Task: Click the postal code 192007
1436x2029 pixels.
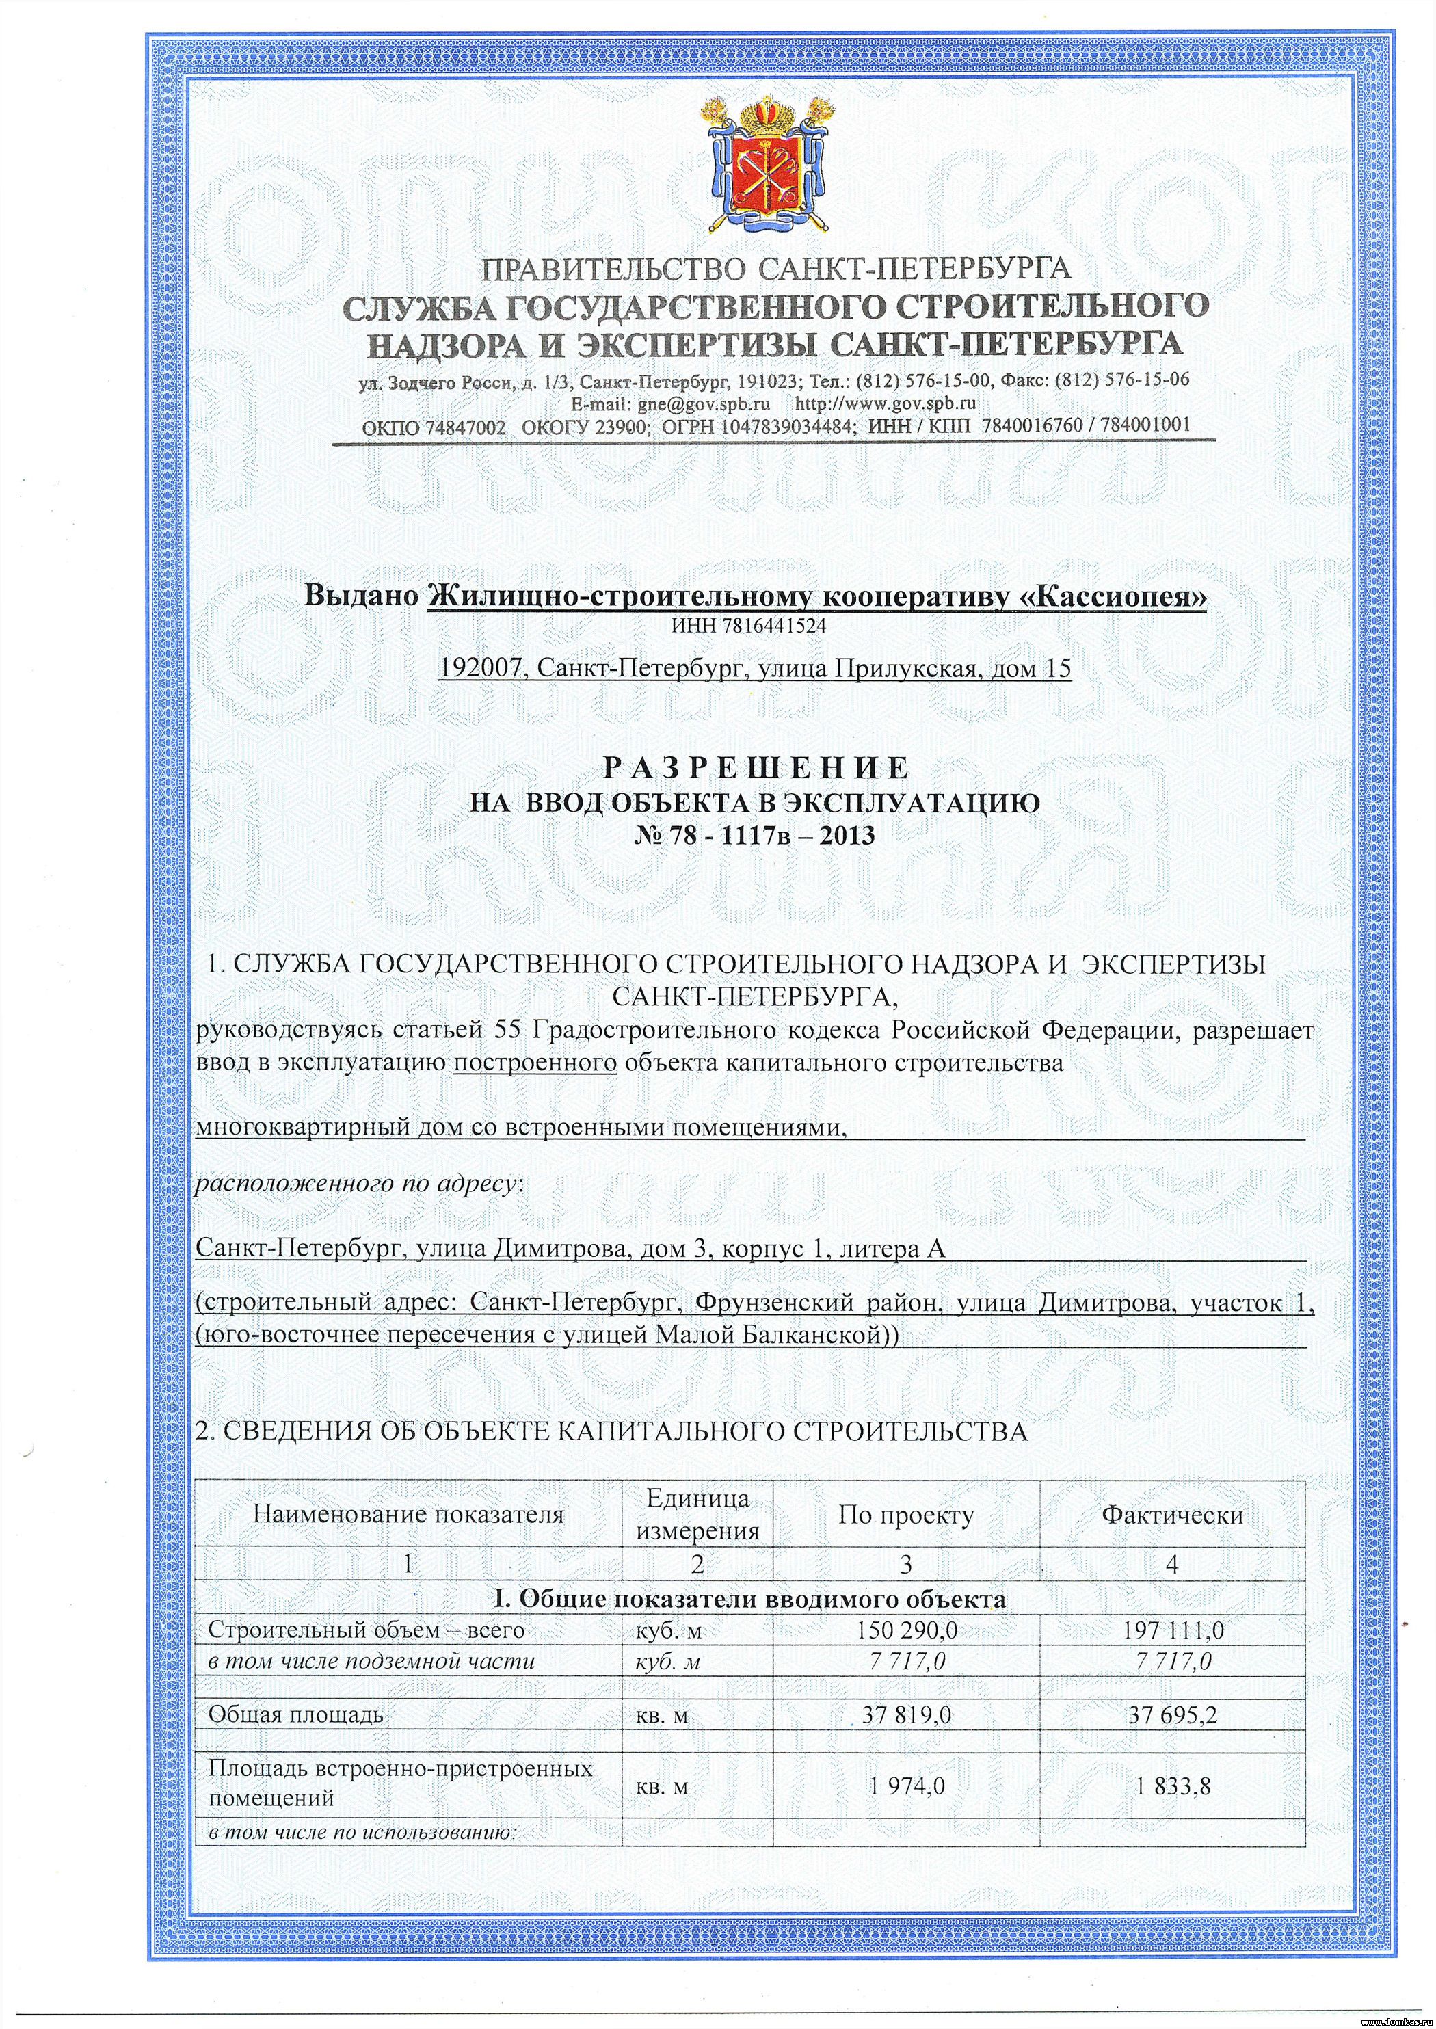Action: (x=481, y=670)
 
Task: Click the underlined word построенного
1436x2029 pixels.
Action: (x=534, y=1063)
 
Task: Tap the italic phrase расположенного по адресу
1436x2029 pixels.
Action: (x=357, y=1184)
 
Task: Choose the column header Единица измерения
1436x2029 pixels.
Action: (x=697, y=1515)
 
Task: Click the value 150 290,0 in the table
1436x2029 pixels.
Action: (x=904, y=1630)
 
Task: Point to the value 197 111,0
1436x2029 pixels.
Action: (x=1173, y=1630)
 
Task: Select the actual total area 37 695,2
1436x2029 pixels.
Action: (x=1173, y=1716)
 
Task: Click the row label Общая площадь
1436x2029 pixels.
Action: (x=295, y=1716)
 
